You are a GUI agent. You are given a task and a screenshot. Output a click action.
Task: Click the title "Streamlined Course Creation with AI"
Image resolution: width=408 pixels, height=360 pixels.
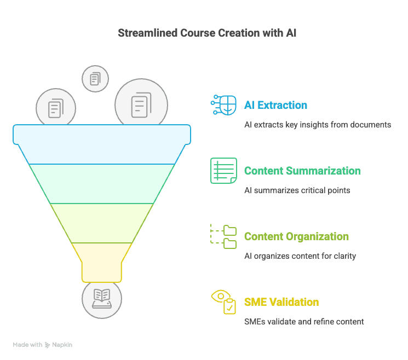click(x=208, y=33)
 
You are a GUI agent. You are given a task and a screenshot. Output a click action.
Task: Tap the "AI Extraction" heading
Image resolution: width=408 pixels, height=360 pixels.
click(x=275, y=105)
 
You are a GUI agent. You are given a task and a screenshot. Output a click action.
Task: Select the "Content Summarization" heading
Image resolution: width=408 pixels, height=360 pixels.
click(x=302, y=171)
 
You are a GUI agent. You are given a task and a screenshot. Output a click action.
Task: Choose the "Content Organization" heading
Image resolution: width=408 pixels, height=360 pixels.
click(x=296, y=236)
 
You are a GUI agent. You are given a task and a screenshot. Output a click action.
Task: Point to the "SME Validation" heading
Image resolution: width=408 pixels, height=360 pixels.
click(x=281, y=302)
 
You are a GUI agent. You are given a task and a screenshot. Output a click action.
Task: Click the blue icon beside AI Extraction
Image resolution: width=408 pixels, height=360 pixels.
click(x=223, y=105)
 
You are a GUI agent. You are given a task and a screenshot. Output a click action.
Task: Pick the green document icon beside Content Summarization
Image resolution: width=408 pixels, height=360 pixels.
click(x=223, y=171)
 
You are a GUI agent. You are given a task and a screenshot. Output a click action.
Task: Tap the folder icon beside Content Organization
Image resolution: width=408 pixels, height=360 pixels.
click(x=223, y=236)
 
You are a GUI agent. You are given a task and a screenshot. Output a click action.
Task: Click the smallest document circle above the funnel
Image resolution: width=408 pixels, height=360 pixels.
click(x=95, y=79)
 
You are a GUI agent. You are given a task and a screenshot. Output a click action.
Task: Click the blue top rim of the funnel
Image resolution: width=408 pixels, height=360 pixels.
click(x=102, y=134)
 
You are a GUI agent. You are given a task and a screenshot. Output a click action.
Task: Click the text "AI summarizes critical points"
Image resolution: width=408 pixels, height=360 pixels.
click(x=297, y=190)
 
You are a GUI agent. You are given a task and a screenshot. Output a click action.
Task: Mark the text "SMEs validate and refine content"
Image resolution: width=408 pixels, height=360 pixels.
click(x=304, y=322)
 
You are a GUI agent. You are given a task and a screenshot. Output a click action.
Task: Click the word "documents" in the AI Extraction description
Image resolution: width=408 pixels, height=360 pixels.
click(x=372, y=125)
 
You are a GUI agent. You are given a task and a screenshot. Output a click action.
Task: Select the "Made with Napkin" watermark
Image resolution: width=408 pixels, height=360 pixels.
click(x=43, y=345)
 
